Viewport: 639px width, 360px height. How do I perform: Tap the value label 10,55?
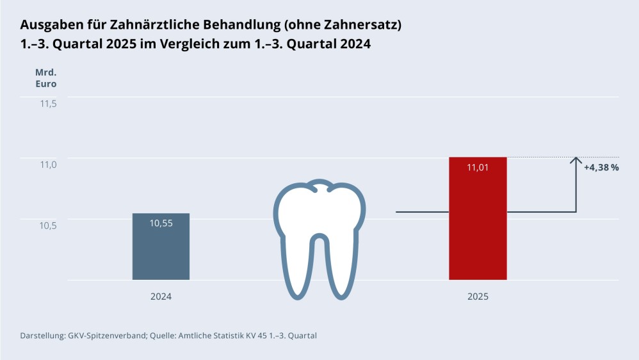(161, 223)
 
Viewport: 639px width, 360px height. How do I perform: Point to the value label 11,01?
(478, 168)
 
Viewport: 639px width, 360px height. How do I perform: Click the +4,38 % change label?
(601, 168)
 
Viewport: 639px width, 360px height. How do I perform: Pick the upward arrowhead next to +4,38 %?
(576, 160)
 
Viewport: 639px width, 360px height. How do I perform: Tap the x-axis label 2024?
(161, 297)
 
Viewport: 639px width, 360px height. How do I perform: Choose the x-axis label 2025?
(478, 297)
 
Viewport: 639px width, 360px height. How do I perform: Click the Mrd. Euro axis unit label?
(45, 78)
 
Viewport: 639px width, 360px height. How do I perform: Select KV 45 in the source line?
(252, 336)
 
